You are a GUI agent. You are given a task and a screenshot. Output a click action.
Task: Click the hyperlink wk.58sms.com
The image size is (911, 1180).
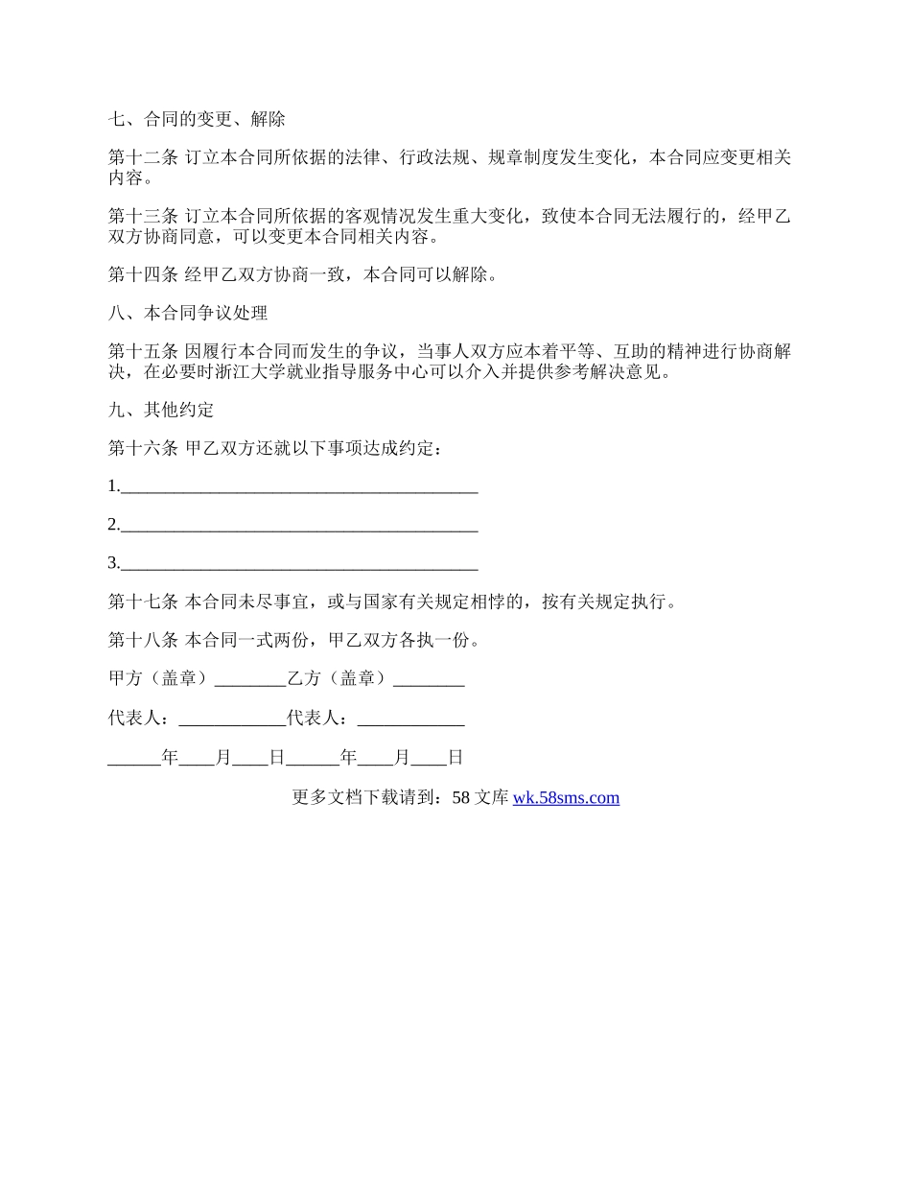(566, 797)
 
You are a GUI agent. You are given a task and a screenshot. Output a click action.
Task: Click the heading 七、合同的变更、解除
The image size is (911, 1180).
(197, 120)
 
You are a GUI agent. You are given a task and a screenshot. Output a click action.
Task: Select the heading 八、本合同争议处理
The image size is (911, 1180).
(188, 314)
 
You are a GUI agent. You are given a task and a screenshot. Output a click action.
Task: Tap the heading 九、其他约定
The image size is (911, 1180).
(161, 411)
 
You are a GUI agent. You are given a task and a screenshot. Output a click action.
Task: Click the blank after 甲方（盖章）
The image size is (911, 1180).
(250, 680)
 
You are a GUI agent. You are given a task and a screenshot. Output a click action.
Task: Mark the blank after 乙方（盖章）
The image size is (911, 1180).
(429, 680)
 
